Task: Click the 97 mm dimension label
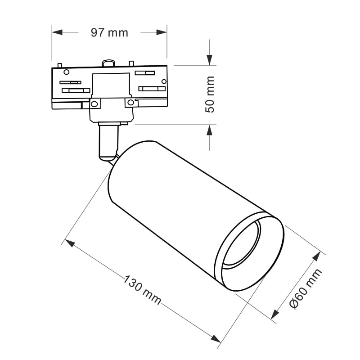click(109, 32)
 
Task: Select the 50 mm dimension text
click(210, 94)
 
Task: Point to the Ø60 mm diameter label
click(306, 288)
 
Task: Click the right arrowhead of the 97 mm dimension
click(162, 32)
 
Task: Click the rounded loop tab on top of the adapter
click(108, 63)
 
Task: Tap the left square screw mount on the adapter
click(94, 104)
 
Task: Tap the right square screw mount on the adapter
click(130, 103)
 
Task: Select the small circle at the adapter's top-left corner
click(66, 72)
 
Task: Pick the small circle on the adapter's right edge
click(164, 81)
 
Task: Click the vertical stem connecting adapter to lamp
click(108, 142)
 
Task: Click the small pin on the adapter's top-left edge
click(59, 65)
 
